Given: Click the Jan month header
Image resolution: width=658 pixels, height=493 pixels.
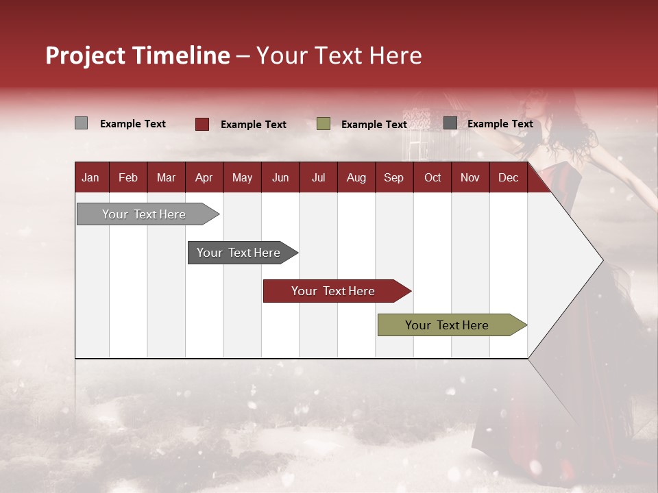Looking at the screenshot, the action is (x=90, y=178).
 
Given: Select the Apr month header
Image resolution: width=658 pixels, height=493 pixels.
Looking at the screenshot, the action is (x=204, y=178).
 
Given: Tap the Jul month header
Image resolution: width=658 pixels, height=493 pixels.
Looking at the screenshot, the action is (x=319, y=178).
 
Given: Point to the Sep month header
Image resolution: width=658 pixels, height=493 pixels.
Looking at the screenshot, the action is (x=393, y=178).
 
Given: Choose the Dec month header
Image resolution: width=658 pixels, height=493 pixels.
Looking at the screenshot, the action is (x=508, y=178).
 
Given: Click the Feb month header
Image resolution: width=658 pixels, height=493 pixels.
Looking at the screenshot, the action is (x=128, y=178).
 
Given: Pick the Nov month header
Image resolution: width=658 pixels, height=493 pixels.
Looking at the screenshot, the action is (x=470, y=178).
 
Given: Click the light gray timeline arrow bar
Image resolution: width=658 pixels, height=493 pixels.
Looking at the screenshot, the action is (x=148, y=214).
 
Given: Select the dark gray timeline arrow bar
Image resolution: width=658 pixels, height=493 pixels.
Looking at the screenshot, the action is (x=243, y=253).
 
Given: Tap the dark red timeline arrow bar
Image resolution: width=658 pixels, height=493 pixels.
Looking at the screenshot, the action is (x=337, y=291).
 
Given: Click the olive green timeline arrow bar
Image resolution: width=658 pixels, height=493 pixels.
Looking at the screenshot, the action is (x=452, y=325).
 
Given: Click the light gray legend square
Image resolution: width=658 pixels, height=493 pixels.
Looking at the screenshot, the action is (x=81, y=123).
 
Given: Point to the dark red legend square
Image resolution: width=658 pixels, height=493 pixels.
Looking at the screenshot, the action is (x=202, y=124).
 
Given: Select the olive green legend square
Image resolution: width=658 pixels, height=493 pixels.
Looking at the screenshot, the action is (x=323, y=124).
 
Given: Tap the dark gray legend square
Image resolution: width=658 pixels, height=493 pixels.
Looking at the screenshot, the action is (x=450, y=123).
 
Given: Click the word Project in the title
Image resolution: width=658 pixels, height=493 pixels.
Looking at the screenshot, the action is (x=85, y=55).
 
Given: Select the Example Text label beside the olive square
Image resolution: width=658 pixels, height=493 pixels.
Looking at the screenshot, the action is (x=374, y=125).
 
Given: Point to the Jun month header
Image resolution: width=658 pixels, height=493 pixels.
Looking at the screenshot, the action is (x=280, y=178).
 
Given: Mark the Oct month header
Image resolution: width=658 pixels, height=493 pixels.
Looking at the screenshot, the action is (x=432, y=178).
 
